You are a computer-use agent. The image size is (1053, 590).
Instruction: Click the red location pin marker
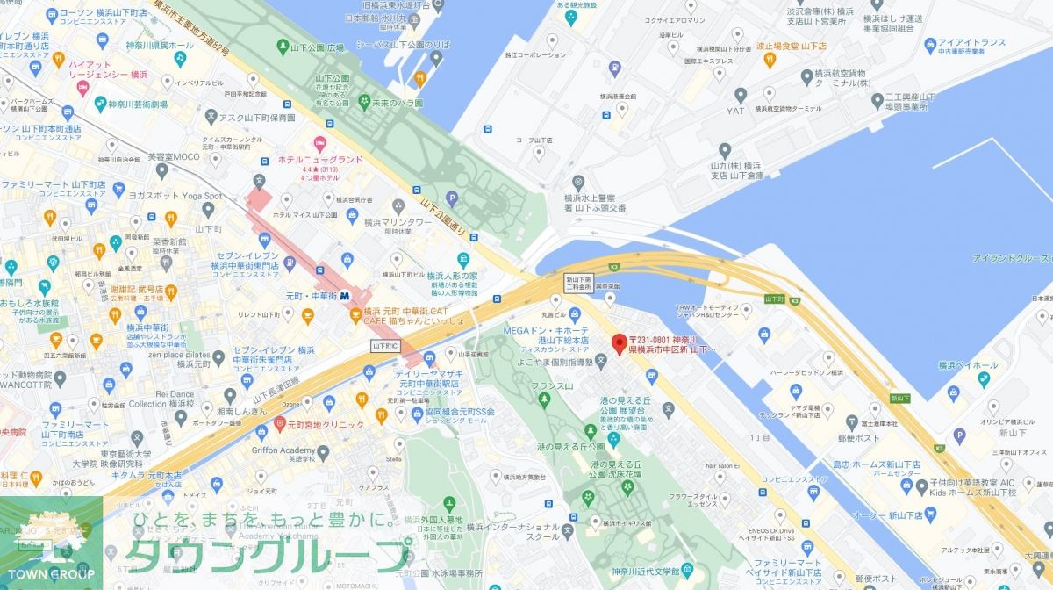coord(618,342)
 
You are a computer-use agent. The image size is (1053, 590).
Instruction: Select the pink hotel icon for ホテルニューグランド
coord(319,143)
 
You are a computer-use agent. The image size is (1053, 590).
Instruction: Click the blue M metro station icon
coord(345,297)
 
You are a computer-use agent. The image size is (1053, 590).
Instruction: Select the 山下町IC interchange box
coord(385,346)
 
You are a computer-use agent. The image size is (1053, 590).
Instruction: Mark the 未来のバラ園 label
coord(392,103)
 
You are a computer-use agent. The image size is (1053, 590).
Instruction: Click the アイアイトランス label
coord(971,42)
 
